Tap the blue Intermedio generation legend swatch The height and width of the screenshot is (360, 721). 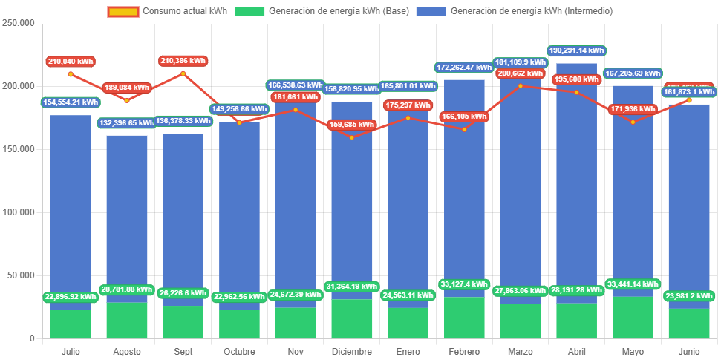coord(431,11)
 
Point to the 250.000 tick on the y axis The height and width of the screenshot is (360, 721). coord(19,23)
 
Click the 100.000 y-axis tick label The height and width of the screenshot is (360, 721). coord(19,212)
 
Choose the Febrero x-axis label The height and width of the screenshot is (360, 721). coord(464,351)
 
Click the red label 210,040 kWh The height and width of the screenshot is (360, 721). coord(71,62)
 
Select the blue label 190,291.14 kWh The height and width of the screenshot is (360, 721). coord(576,50)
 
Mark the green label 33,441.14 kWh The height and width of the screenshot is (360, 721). coord(633,284)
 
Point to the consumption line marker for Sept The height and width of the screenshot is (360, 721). coord(183,73)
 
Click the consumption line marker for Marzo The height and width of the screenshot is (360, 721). coord(520,86)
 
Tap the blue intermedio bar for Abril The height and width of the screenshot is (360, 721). coord(576,186)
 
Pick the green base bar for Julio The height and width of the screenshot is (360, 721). coord(71,324)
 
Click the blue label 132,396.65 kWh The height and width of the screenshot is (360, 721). coord(127,122)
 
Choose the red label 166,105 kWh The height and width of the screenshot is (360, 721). coord(464,117)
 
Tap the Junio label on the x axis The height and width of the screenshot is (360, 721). coord(688,351)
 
